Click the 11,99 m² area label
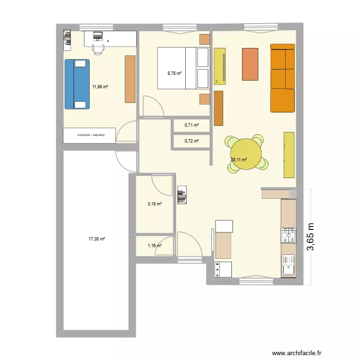pyautogui.click(x=100, y=87)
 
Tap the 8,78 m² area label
pyautogui.click(x=174, y=73)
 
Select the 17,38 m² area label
pyautogui.click(x=96, y=239)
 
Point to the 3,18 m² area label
pyautogui.click(x=154, y=204)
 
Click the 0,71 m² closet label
pyautogui.click(x=192, y=126)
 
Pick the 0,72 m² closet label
pyautogui.click(x=192, y=141)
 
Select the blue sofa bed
pyautogui.click(x=76, y=84)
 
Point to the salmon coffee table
pyautogui.click(x=250, y=64)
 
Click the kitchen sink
pyautogui.click(x=288, y=265)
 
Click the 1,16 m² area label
pyautogui.click(x=154, y=246)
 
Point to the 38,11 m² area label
pyautogui.click(x=239, y=160)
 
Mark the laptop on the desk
pyautogui.click(x=98, y=35)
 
